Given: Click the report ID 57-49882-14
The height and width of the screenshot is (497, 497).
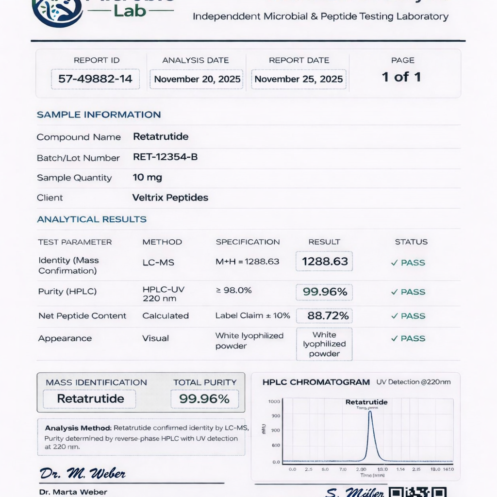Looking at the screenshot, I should pyautogui.click(x=95, y=79).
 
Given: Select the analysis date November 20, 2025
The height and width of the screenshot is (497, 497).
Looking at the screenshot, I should pyautogui.click(x=197, y=79).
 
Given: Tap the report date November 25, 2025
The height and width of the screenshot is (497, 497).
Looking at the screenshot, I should pyautogui.click(x=298, y=79).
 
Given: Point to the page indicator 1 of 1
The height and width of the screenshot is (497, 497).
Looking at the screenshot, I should pyautogui.click(x=401, y=77).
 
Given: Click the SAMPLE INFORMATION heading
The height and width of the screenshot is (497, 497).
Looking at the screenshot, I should pyautogui.click(x=99, y=115).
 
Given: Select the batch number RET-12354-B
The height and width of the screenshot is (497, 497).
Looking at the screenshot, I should pyautogui.click(x=165, y=157).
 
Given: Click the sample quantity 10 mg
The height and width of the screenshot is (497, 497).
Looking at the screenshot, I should pyautogui.click(x=148, y=178).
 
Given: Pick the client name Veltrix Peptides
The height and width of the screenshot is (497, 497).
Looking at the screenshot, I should pyautogui.click(x=170, y=198).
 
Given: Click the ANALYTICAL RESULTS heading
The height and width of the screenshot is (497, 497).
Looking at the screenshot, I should pyautogui.click(x=92, y=219).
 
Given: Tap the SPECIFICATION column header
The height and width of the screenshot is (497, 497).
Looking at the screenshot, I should pyautogui.click(x=248, y=242).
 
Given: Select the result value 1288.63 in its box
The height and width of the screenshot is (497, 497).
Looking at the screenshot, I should pyautogui.click(x=324, y=262).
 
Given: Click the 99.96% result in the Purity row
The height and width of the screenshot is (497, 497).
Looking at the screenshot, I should pyautogui.click(x=324, y=292).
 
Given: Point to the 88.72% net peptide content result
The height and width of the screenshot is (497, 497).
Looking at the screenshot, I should pyautogui.click(x=328, y=315).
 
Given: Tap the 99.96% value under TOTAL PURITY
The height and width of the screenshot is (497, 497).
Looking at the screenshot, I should pyautogui.click(x=204, y=399).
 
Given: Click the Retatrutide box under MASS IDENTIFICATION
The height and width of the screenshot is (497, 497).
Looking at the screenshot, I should pyautogui.click(x=90, y=399).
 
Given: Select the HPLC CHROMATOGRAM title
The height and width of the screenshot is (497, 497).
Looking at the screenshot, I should pyautogui.click(x=316, y=382).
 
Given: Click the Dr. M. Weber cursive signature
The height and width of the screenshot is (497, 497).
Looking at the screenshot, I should pyautogui.click(x=83, y=473).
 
